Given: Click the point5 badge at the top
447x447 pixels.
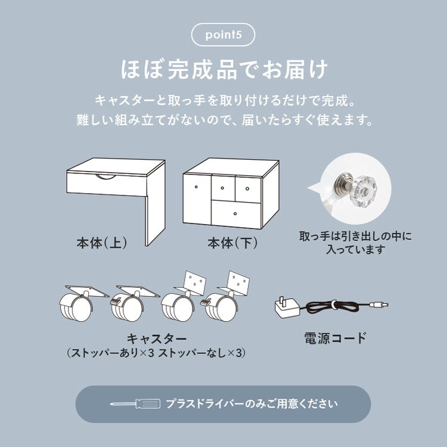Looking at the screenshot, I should pyautogui.click(x=223, y=35).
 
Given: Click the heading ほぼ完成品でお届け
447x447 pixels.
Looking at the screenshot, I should pyautogui.click(x=223, y=70).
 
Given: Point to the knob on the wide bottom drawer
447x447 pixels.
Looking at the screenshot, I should pyautogui.click(x=235, y=213).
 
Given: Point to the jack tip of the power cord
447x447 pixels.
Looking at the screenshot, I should pyautogui.click(x=381, y=305).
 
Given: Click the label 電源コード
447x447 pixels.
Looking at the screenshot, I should pyautogui.click(x=335, y=339).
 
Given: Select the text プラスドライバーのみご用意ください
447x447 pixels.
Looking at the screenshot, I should pyautogui.click(x=252, y=404).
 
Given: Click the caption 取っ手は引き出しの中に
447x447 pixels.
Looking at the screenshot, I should pyautogui.click(x=355, y=237).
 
